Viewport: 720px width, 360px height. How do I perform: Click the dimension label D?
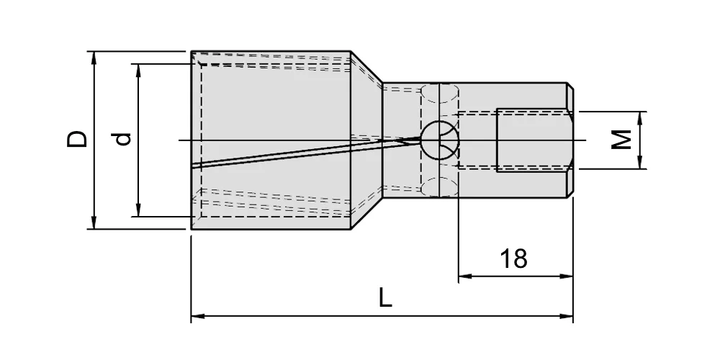coord(77,139)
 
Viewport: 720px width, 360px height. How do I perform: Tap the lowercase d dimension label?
coord(122,139)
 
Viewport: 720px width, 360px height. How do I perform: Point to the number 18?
coord(513,258)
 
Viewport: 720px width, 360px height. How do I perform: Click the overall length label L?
coord(385,297)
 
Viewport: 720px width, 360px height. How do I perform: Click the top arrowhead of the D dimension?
coord(94,58)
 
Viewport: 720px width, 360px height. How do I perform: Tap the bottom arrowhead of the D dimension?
coord(94,222)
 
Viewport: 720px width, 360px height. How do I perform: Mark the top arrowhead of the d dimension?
coord(138,71)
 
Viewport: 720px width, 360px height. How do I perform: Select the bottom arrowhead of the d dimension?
coord(138,210)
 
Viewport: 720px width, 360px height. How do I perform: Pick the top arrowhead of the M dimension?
coord(640,117)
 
